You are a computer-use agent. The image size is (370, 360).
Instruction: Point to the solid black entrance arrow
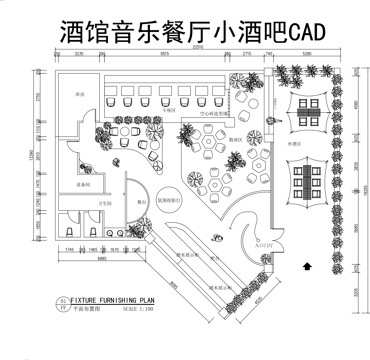coord(308,265)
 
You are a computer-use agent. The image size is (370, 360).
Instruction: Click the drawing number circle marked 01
coord(64,299)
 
